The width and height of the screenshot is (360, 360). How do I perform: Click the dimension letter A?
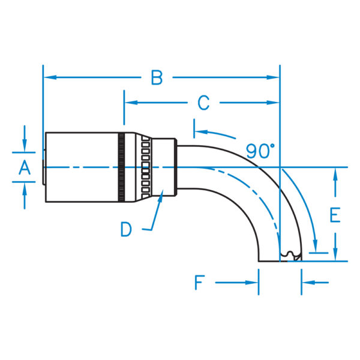coord(25,167)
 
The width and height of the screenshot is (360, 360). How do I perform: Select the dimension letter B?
coord(157,77)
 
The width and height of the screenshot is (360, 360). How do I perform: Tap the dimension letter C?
coord(203,103)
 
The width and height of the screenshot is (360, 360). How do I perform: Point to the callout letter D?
coord(126,229)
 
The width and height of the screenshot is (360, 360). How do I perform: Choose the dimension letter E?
coord(335,215)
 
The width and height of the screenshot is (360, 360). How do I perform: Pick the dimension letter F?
coord(200,283)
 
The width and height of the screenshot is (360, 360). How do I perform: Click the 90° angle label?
coord(260,151)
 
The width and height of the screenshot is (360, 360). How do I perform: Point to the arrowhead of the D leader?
coord(161,196)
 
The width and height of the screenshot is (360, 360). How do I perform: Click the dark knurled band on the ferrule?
coord(122,167)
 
